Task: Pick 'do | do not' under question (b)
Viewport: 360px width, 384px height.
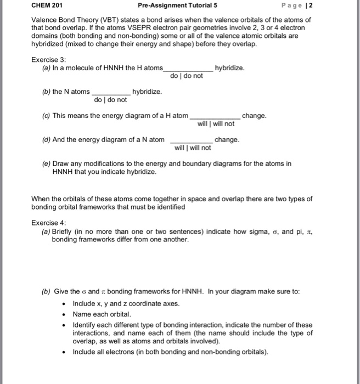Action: (110, 100)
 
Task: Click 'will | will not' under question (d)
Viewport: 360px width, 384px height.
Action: (193, 148)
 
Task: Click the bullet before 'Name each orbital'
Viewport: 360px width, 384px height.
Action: (65, 314)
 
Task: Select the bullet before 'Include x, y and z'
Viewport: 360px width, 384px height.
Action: (65, 303)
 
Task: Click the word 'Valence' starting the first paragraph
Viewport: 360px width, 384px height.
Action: (44, 19)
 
